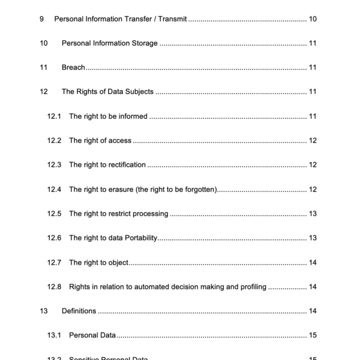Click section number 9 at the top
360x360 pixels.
[41, 19]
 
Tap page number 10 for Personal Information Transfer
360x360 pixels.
[313, 19]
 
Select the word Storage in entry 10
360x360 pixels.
[143, 43]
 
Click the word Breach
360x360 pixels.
[73, 67]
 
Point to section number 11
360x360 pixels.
[43, 67]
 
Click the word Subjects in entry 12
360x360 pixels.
[137, 92]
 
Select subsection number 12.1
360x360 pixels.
[55, 116]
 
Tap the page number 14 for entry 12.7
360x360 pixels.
[313, 262]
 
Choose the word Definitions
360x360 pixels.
[79, 311]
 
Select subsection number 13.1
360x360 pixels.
[55, 335]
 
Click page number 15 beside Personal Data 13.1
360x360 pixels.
[313, 335]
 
